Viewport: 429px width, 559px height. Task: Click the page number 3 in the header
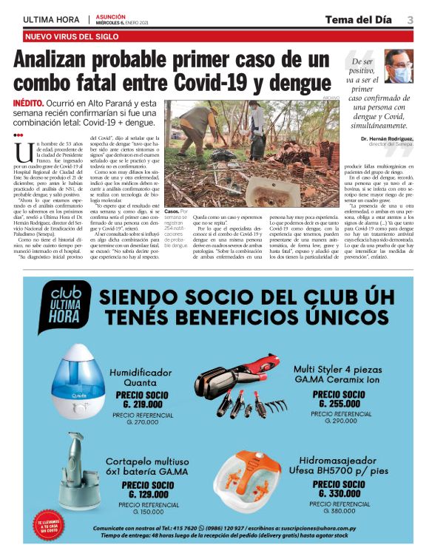point(409,18)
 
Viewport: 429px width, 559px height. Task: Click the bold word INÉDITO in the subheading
point(32,104)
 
